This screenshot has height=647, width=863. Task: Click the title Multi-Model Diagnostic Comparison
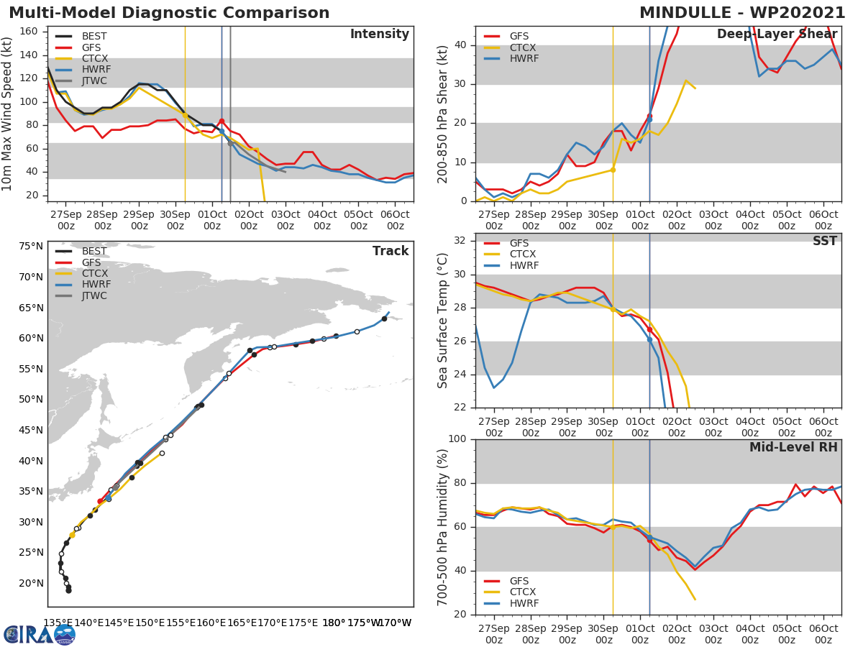tap(169, 13)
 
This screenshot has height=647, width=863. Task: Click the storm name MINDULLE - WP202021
tap(742, 13)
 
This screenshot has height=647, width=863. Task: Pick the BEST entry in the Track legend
tap(94, 251)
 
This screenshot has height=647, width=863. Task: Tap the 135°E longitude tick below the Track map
tap(58, 623)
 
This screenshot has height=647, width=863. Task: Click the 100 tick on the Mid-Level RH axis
tap(458, 439)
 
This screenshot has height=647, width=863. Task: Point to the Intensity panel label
tap(379, 35)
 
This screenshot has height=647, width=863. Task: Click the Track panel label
tap(391, 251)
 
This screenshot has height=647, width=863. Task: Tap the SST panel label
tap(825, 242)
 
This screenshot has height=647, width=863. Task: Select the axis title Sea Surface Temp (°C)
tap(443, 320)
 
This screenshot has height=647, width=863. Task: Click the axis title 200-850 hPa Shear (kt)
tap(443, 114)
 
